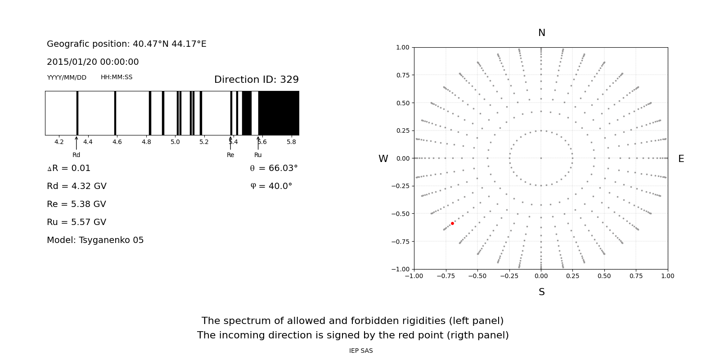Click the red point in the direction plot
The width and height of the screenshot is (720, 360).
pos(452,223)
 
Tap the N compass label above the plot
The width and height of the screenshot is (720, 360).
pos(541,33)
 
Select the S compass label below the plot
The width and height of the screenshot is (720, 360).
pos(541,292)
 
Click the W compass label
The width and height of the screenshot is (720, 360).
pos(383,159)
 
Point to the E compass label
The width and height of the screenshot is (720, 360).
pos(681,159)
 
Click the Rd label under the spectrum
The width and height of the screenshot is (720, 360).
pos(76,155)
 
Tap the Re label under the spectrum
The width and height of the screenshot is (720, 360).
pos(230,155)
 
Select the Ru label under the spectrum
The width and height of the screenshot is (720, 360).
pos(258,155)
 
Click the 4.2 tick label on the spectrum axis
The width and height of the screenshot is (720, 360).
pos(59,142)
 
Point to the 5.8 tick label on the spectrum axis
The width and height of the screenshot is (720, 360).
pos(291,142)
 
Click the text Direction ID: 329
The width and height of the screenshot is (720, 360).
pos(256,80)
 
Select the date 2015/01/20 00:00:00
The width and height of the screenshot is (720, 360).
pos(93,62)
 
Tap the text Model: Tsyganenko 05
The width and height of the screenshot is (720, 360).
pos(95,240)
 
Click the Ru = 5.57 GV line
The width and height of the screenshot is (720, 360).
pos(76,222)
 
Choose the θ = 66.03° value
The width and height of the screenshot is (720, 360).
pos(274,168)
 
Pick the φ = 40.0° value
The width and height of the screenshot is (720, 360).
pos(271,186)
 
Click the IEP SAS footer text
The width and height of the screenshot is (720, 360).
pos(361,351)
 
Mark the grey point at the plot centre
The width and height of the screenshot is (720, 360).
pos(541,158)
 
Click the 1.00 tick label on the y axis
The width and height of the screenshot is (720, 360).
pos(402,47)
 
